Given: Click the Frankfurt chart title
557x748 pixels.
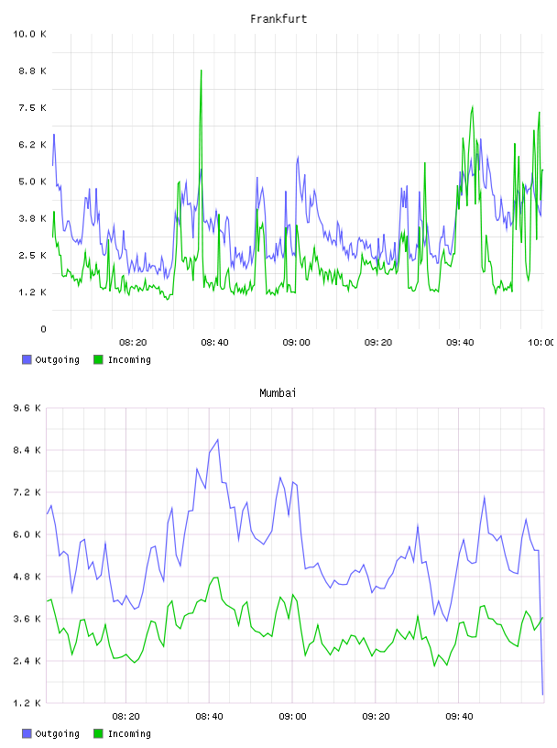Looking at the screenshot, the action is [278, 19].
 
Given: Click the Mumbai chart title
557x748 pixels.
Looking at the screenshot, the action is [278, 393].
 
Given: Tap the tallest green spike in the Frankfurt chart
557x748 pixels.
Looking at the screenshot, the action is [202, 71].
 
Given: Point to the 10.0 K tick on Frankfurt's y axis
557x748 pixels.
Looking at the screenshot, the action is [29, 34].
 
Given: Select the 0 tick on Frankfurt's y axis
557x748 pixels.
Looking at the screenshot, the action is [43, 329].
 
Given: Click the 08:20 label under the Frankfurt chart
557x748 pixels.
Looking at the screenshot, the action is [133, 343].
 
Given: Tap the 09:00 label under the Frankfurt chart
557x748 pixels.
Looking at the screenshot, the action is [296, 343].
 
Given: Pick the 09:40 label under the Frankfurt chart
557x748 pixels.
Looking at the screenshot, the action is [460, 343].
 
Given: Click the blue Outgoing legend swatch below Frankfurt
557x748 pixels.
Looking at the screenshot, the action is [27, 359].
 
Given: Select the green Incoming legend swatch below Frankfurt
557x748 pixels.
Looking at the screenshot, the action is [98, 359].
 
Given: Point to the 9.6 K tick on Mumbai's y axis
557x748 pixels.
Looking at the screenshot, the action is [27, 408].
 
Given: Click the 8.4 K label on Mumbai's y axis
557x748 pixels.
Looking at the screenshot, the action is [27, 450].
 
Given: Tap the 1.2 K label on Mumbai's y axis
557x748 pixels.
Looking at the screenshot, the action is [27, 703].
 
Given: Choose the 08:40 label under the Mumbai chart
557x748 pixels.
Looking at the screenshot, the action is [209, 717].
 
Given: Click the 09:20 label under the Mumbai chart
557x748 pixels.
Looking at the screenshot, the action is [376, 717].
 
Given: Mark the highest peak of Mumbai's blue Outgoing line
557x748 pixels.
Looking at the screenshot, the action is [218, 440].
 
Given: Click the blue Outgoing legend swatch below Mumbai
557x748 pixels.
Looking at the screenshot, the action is [27, 733].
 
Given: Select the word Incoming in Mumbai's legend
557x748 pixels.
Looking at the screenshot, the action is [129, 733].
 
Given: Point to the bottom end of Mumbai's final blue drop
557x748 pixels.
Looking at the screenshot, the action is [542, 695].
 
